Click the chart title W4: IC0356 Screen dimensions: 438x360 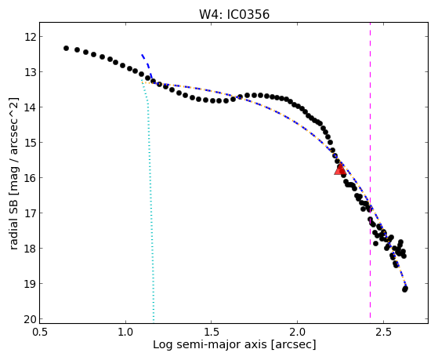(234, 14)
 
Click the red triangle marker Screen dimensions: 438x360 (340, 169)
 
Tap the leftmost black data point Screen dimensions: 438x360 (66, 49)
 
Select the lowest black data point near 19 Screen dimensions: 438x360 (405, 289)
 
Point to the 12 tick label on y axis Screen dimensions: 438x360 (30, 37)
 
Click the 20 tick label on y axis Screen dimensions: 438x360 (30, 319)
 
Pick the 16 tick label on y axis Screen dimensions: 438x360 (30, 178)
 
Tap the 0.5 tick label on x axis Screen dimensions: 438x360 (40, 332)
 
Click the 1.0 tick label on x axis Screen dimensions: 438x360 (125, 332)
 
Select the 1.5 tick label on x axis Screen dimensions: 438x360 (212, 332)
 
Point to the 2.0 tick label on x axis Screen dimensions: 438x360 (298, 332)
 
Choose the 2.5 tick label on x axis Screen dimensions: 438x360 (383, 332)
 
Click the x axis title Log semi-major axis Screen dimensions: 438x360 (210, 345)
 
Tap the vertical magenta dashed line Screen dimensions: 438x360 (371, 171)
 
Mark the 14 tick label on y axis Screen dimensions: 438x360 (30, 107)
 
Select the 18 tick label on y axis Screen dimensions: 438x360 (30, 249)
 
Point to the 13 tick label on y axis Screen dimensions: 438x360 (30, 72)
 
